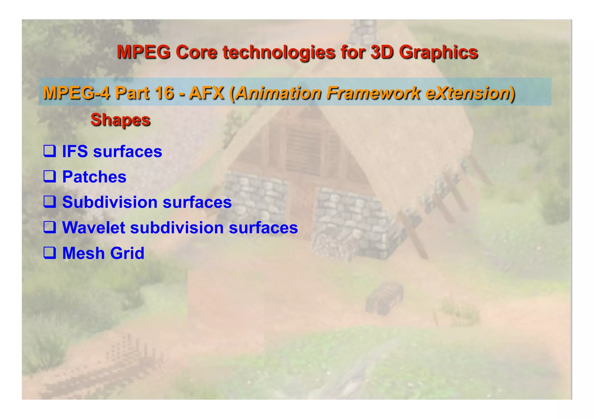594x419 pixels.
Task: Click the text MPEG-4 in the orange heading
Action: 76,93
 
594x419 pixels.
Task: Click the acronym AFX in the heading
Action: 207,93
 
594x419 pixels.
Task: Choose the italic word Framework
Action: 373,93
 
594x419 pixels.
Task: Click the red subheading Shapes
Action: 120,119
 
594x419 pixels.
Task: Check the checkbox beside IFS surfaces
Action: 50,151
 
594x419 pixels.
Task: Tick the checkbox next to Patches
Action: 50,176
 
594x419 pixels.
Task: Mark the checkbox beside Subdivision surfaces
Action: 50,202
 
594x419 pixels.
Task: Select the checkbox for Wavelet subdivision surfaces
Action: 50,227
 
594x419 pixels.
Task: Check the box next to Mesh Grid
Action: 50,253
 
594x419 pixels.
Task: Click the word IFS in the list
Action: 75,151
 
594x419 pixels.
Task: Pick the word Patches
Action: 94,177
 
